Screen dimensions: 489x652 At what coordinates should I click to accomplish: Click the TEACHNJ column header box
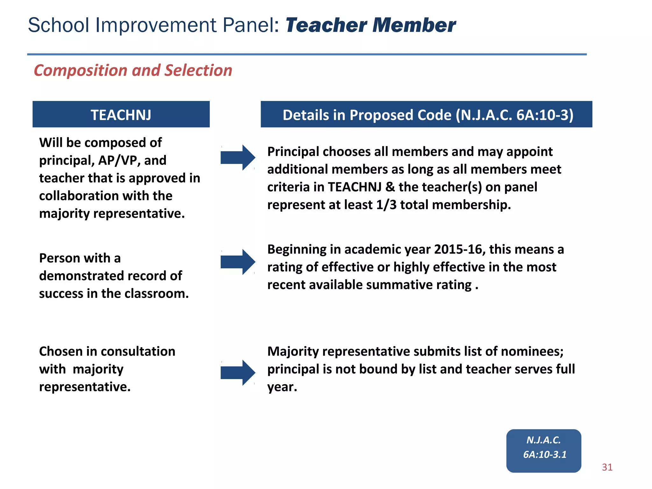pyautogui.click(x=121, y=114)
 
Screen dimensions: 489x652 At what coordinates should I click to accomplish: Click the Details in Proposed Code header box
pyautogui.click(x=426, y=114)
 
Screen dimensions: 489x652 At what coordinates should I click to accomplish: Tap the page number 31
pyautogui.click(x=607, y=467)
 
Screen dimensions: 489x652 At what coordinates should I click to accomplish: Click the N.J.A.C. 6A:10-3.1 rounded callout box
pyautogui.click(x=543, y=450)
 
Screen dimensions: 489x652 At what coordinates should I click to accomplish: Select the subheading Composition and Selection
pyautogui.click(x=133, y=70)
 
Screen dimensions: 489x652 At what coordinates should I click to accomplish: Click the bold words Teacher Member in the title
pyautogui.click(x=371, y=25)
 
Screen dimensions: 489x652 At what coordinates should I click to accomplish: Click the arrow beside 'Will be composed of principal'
pyautogui.click(x=237, y=158)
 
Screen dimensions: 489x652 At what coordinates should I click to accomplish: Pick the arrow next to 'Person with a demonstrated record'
pyautogui.click(x=237, y=262)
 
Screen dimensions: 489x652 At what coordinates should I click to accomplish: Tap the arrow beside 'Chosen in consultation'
pyautogui.click(x=237, y=372)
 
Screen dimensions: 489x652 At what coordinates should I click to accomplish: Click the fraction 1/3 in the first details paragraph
pyautogui.click(x=386, y=205)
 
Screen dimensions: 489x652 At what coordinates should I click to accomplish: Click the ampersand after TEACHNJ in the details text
pyautogui.click(x=390, y=187)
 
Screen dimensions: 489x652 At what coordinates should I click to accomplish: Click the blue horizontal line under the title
pyautogui.click(x=307, y=54)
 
